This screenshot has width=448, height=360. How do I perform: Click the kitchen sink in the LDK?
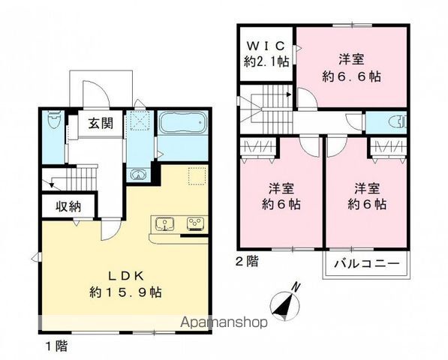pyautogui.click(x=165, y=223)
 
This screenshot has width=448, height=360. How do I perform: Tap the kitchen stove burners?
pyautogui.click(x=195, y=223)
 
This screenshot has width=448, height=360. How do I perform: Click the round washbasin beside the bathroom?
pyautogui.click(x=139, y=175)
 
